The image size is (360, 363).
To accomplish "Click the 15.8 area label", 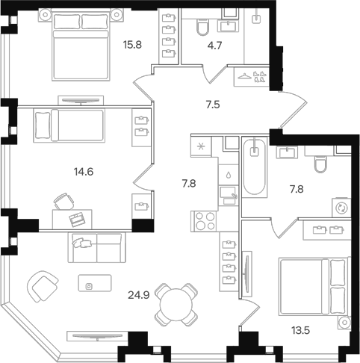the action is tap(132, 45).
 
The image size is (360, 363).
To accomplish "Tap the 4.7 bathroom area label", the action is tap(214, 46).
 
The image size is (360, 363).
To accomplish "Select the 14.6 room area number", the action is tap(84, 172).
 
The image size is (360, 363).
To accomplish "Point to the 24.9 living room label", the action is tap(139, 295).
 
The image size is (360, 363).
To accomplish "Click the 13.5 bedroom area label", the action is tap(300, 331).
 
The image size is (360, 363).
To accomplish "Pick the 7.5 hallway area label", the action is tap(213, 105).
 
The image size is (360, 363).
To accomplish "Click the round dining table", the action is tap(176, 305).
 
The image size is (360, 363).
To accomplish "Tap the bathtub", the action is tap(254, 167).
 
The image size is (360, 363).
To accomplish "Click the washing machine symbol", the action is tap(341, 208).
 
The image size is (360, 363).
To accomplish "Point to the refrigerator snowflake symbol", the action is tap(200, 146).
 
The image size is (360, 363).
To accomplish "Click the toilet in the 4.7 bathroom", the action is tap(203, 28).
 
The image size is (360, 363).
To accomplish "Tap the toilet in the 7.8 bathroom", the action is tap(320, 164).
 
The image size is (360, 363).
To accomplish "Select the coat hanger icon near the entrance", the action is tap(245, 76).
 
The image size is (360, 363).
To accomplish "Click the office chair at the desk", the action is tap(64, 202).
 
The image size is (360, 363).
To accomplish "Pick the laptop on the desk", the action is tap(77, 219).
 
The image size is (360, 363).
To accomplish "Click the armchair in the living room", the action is tap(43, 287).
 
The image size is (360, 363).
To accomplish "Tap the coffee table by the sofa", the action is tap(95, 283).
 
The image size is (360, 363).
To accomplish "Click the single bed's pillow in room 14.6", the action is tap(43, 125).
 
